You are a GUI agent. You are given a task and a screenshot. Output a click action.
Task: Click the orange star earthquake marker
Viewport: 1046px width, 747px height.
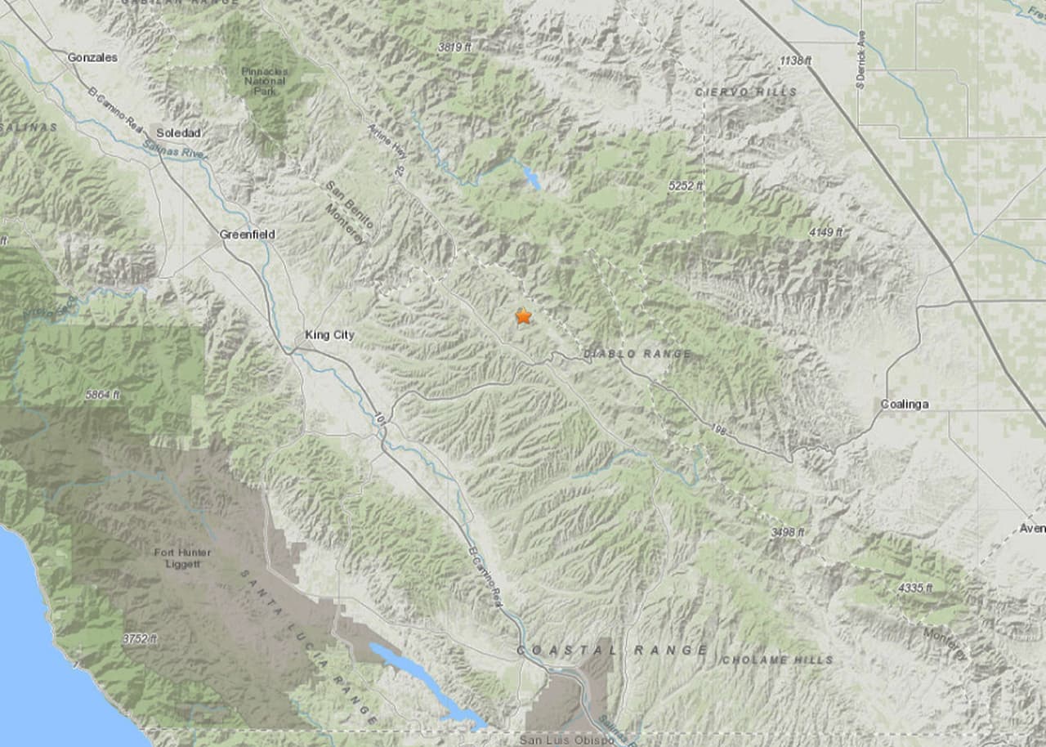click(523, 316)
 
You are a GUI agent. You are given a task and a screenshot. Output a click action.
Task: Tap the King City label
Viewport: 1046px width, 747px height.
click(329, 335)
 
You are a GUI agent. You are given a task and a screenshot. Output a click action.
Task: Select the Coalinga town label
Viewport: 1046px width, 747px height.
click(905, 405)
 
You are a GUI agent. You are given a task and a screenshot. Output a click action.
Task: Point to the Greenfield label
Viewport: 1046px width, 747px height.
click(248, 235)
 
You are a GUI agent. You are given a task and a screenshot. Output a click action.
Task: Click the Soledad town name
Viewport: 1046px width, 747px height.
click(178, 132)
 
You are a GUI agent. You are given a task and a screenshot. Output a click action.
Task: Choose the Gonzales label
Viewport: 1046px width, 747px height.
click(92, 58)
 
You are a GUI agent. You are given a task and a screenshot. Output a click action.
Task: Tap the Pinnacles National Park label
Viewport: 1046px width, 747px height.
click(264, 81)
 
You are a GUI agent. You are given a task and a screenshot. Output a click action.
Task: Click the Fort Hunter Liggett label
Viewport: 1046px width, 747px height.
click(182, 558)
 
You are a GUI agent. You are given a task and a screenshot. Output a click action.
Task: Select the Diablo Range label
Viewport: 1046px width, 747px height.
click(637, 354)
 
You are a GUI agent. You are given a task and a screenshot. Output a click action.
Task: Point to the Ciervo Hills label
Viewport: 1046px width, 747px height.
click(746, 92)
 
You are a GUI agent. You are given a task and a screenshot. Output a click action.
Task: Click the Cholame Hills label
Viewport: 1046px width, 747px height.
click(777, 660)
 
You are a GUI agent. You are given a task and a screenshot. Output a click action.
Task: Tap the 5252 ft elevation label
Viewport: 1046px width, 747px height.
click(686, 186)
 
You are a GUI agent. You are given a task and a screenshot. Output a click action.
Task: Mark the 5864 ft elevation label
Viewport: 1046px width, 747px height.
click(102, 395)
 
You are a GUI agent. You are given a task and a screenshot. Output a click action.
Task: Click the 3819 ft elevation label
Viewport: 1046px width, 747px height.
click(454, 47)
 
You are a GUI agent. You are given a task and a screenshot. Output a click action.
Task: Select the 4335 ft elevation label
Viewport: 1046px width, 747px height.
click(915, 588)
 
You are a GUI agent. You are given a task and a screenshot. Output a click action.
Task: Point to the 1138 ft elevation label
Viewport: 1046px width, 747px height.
click(795, 61)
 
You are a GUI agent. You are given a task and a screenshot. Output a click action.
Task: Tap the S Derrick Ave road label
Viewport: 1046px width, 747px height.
click(861, 60)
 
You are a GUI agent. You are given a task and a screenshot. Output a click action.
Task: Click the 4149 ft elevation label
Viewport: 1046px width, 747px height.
click(825, 233)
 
